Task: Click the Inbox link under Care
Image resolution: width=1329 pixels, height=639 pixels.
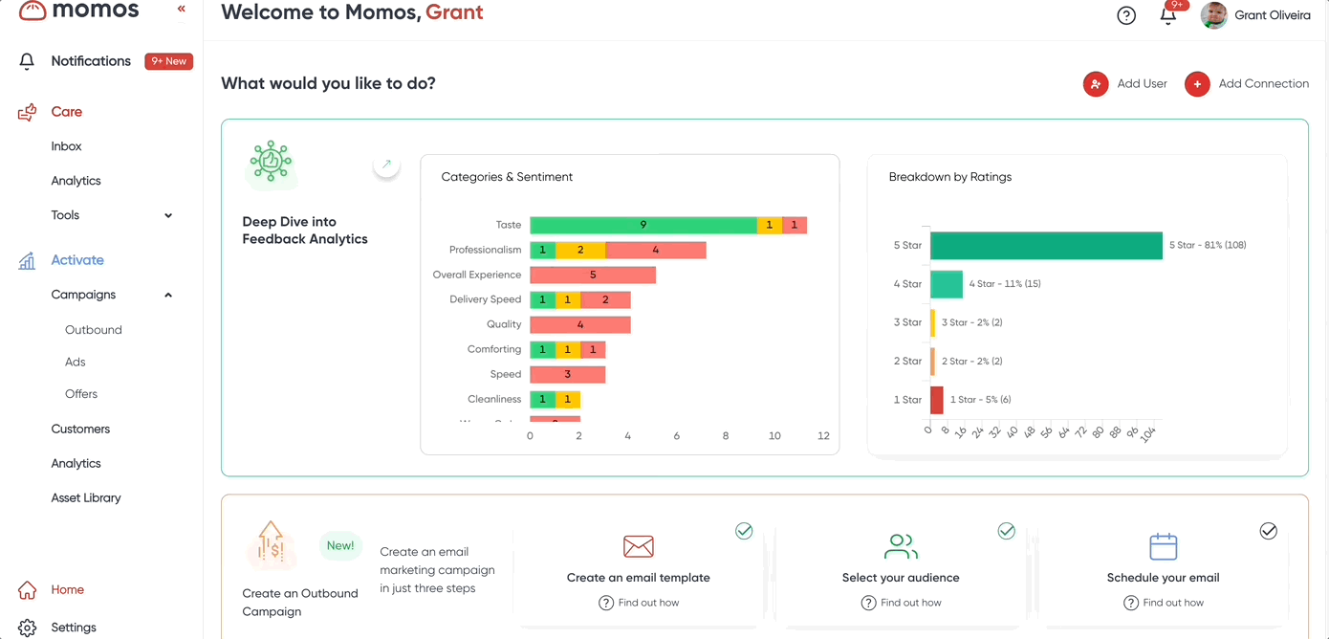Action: (x=66, y=146)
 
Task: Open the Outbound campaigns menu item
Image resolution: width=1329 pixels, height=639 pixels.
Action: (x=93, y=330)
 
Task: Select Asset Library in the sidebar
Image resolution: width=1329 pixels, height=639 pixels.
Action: (x=86, y=497)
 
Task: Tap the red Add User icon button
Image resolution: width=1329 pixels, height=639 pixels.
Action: (x=1096, y=84)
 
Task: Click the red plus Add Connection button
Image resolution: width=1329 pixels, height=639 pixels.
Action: (x=1197, y=84)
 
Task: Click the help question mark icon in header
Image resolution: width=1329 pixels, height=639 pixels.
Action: (x=1126, y=15)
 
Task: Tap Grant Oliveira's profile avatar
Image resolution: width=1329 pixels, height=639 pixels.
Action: (x=1214, y=15)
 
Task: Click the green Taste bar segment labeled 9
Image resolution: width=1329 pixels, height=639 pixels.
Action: (x=643, y=225)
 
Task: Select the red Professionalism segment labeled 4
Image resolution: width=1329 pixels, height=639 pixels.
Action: (x=655, y=250)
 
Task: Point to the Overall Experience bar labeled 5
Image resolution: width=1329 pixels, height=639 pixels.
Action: (x=593, y=275)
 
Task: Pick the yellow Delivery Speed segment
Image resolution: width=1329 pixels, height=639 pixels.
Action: (x=567, y=299)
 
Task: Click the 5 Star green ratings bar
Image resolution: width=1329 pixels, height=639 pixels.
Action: (x=1046, y=245)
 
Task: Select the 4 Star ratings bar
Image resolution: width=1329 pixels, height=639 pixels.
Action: (x=947, y=284)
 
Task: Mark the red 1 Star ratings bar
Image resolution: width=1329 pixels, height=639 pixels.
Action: (x=937, y=400)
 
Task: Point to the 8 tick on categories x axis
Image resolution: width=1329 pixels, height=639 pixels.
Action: (x=726, y=436)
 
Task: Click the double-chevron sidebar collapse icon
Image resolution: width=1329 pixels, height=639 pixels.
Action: (x=182, y=10)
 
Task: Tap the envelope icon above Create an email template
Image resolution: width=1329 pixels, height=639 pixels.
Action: (x=638, y=546)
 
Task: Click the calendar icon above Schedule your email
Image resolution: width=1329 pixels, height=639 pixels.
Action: (x=1163, y=546)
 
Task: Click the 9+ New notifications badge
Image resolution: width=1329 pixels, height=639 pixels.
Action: (x=168, y=61)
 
